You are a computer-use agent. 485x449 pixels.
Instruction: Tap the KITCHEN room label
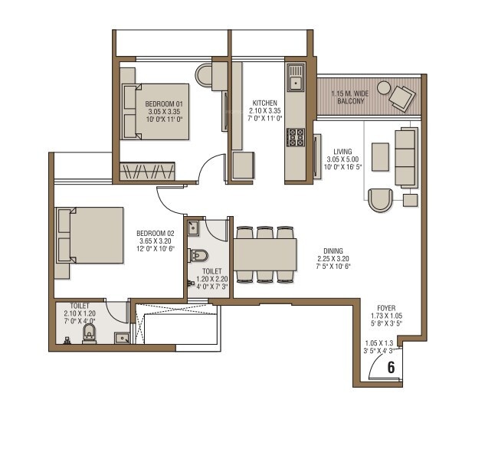[265, 102]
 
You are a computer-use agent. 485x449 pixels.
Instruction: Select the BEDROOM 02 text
[156, 233]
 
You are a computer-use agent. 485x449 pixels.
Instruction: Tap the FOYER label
[386, 306]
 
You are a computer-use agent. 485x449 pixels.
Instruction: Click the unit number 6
[391, 367]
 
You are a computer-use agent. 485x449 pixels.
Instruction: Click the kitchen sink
[295, 78]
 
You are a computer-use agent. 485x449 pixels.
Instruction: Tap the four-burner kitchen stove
[295, 137]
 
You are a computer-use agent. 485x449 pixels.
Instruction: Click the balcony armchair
[401, 97]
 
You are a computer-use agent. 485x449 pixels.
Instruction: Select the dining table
[265, 254]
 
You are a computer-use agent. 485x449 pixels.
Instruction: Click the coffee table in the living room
[379, 156]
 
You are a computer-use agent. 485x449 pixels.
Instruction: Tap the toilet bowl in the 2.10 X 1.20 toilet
[89, 333]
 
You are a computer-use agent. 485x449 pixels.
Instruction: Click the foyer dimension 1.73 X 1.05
[386, 315]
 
